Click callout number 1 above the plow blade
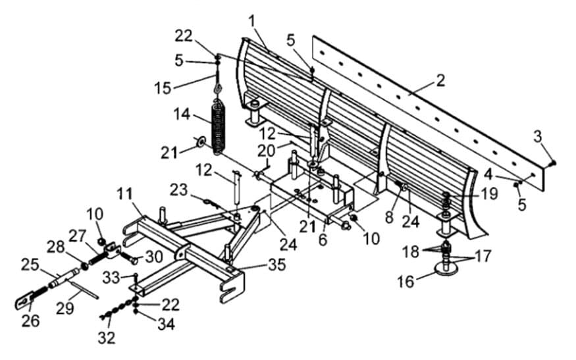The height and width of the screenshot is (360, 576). pos(252,21)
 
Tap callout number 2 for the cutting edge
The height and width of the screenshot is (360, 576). pos(440,81)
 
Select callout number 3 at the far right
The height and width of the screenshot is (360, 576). pos(538,137)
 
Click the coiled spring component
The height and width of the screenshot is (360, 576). pos(219,125)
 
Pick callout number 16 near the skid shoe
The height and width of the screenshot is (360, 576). pos(406,282)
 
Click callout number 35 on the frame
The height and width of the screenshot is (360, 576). pos(277,265)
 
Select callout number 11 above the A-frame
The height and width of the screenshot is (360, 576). pos(126,195)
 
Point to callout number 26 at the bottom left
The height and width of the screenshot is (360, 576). pos(30,321)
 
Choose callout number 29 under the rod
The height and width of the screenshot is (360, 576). pos(65,308)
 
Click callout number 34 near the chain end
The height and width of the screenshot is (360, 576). pos(166,324)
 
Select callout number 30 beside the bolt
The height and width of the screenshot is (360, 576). pos(154,257)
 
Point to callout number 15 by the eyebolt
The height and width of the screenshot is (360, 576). pos(163,88)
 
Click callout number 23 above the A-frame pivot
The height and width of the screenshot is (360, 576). pos(178,190)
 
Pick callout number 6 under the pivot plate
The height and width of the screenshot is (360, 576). pos(323,240)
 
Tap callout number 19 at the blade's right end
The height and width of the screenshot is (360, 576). pos(489,193)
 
